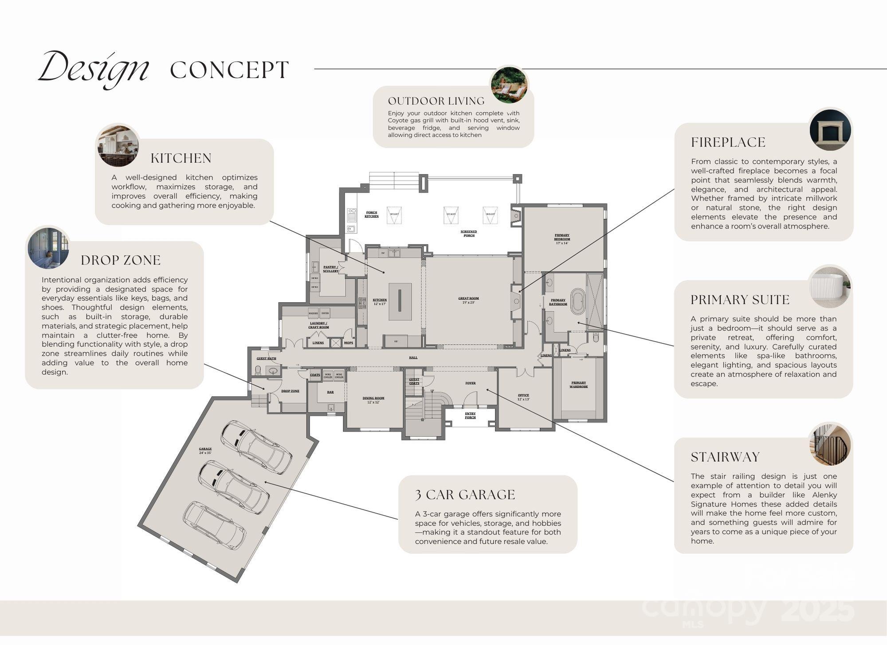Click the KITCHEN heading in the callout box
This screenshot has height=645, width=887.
tap(181, 158)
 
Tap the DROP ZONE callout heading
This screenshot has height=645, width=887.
tap(120, 260)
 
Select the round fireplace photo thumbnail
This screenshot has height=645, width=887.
tap(830, 130)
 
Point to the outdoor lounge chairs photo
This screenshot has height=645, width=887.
tap(509, 86)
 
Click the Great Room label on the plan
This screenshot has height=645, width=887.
tap(468, 300)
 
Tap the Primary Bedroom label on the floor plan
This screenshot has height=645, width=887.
tap(561, 239)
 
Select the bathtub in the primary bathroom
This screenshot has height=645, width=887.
tap(578, 302)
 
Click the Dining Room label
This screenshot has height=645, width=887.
tap(373, 400)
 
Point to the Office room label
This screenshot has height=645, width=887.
tap(523, 397)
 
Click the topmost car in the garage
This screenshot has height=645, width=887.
tap(256, 447)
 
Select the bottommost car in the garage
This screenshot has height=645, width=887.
tap(214, 525)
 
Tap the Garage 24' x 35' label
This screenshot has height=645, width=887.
tap(205, 451)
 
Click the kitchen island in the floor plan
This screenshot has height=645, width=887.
tap(400, 301)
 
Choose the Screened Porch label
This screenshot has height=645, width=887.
tap(469, 233)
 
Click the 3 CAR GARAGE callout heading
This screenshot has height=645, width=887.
tap(465, 495)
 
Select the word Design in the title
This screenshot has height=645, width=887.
tap(94, 69)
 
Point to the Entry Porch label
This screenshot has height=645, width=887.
tap(470, 415)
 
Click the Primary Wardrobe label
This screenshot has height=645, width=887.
tap(578, 385)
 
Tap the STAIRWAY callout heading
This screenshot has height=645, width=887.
tap(725, 457)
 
